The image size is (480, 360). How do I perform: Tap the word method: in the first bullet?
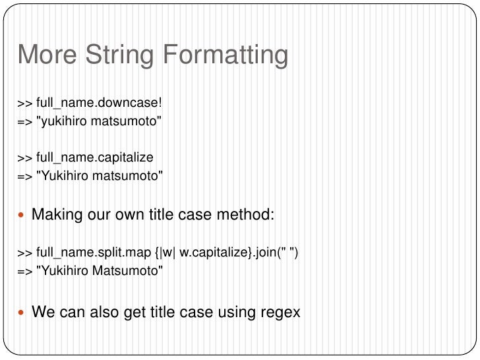(x=251, y=215)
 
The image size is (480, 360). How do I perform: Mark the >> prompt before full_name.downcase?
(x=25, y=104)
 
